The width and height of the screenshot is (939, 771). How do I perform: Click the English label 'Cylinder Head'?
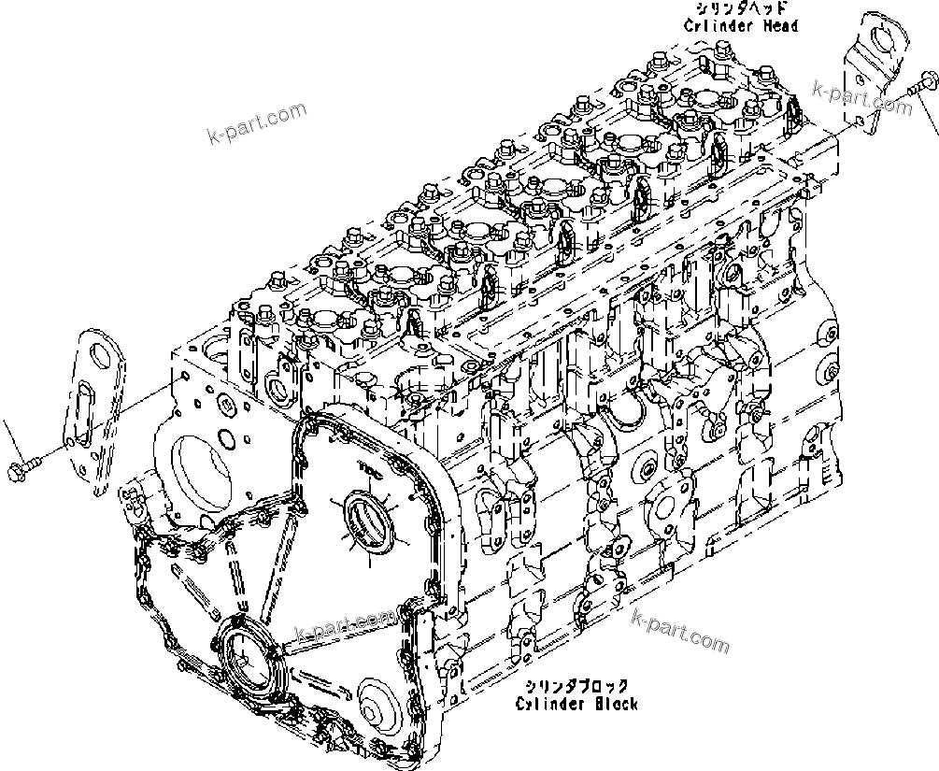(x=740, y=26)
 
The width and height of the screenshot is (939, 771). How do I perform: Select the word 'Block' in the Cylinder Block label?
(x=613, y=704)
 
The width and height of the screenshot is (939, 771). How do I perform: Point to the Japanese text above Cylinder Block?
(x=576, y=687)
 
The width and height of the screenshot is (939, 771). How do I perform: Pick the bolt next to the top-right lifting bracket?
(x=922, y=88)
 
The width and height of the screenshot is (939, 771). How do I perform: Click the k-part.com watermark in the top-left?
(x=256, y=124)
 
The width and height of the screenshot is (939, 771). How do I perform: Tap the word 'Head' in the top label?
(x=779, y=26)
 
